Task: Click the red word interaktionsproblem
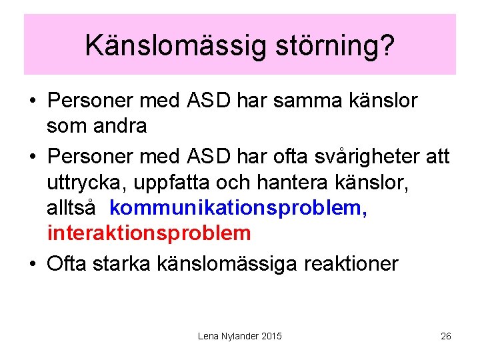(x=149, y=233)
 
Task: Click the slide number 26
(x=446, y=336)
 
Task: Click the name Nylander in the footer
(x=238, y=336)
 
